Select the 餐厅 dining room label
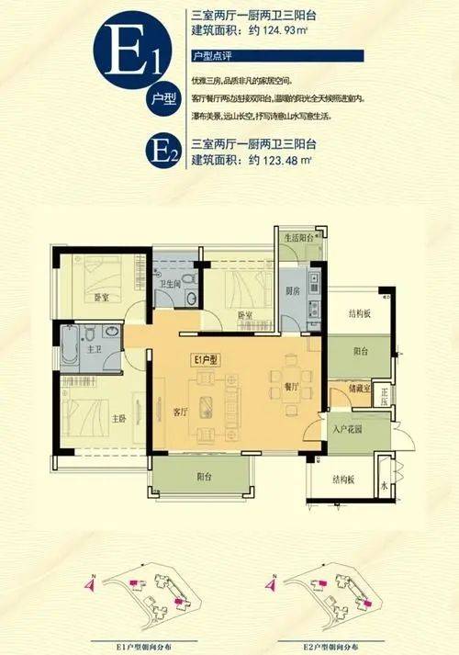coord(291,387)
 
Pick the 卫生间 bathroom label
coord(167,284)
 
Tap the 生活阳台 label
coord(299,237)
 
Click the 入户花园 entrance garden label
coord(348,430)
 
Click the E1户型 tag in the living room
coord(204,360)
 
